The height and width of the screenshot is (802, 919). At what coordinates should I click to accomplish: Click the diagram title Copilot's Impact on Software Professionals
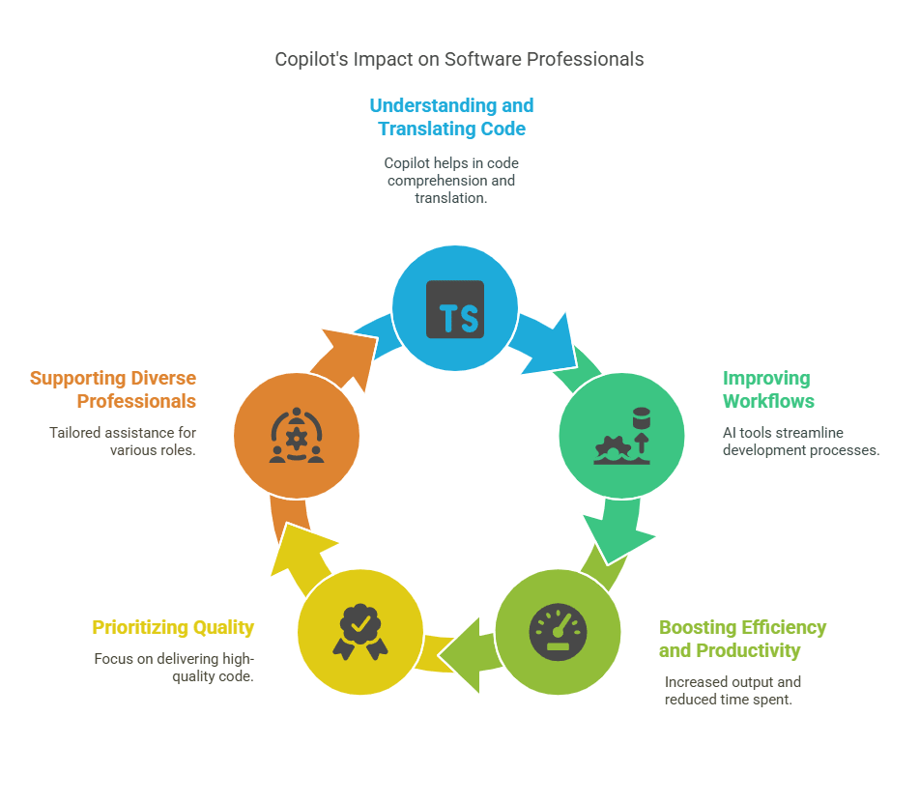(x=459, y=59)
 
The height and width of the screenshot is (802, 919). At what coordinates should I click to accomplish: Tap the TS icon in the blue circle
(x=455, y=309)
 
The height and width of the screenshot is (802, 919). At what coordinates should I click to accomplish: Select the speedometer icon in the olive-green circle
(x=558, y=632)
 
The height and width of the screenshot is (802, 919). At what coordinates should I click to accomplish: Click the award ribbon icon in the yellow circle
(x=360, y=632)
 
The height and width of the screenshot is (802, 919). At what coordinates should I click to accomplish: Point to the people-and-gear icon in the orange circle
(x=297, y=436)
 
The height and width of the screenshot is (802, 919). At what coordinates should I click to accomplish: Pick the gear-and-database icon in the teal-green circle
(x=622, y=436)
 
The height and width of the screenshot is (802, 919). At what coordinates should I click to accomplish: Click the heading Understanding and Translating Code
(x=451, y=117)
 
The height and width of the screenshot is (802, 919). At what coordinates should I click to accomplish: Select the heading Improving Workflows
(x=768, y=389)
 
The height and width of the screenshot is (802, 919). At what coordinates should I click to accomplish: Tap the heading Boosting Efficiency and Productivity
(x=742, y=639)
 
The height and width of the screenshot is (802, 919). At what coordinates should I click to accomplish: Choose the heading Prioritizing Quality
(x=173, y=627)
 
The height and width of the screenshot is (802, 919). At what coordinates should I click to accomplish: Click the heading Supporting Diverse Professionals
(x=113, y=389)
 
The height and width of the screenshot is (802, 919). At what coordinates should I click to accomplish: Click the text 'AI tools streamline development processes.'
(x=801, y=442)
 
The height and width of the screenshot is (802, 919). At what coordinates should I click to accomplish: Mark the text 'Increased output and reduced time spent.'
(x=732, y=691)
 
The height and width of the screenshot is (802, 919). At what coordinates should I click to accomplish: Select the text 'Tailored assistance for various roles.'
(x=123, y=442)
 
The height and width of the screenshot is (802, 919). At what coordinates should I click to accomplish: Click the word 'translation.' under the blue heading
(x=451, y=198)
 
